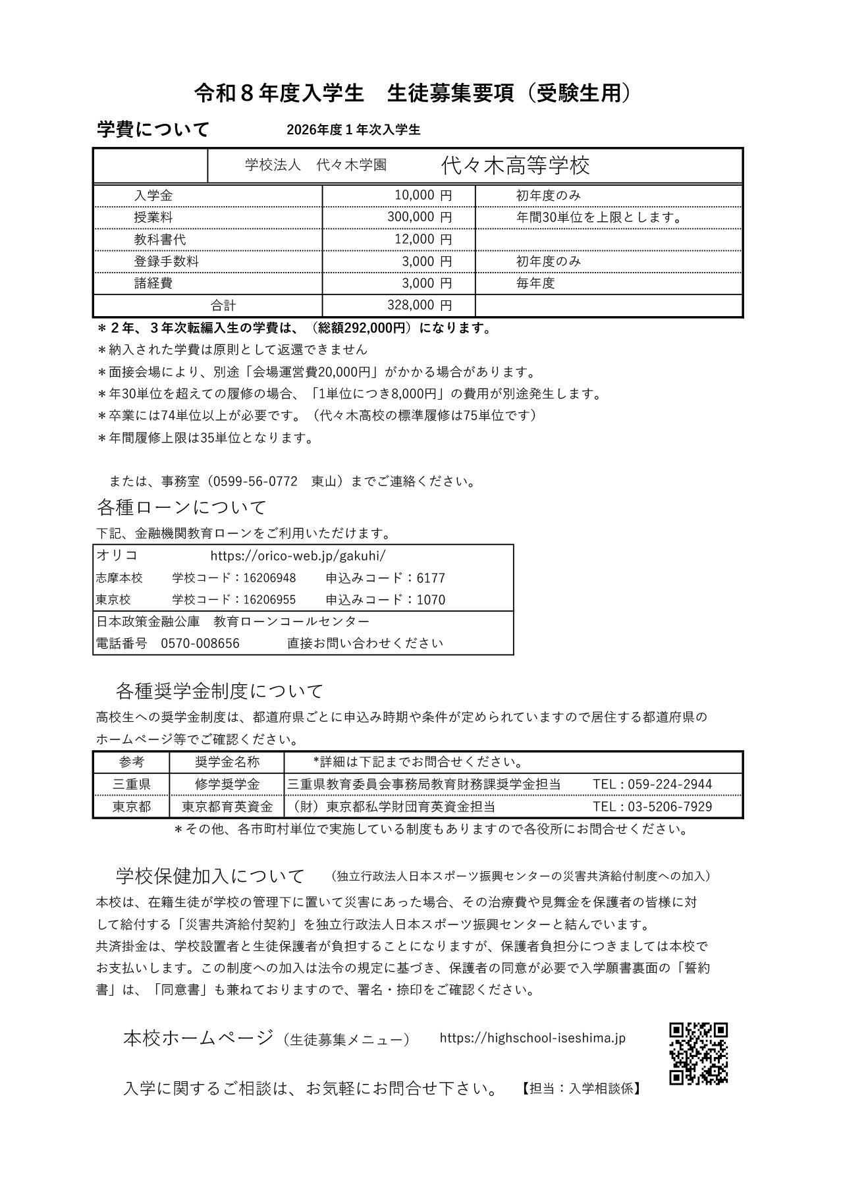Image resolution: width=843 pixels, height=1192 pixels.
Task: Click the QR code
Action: point(698,1054)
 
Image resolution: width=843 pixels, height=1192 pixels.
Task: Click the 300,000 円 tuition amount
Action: point(423,217)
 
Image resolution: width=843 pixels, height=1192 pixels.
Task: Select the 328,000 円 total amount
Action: point(423,306)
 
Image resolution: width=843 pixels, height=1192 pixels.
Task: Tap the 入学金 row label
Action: point(153,196)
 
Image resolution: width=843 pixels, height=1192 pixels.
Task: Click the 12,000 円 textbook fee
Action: point(423,240)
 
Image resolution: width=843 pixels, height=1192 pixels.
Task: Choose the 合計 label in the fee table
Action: point(223,306)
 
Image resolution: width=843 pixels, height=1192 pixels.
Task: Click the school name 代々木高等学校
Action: point(515,165)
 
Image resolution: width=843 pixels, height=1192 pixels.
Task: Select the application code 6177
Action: point(431,578)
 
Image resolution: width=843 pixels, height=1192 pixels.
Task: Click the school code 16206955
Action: point(269,600)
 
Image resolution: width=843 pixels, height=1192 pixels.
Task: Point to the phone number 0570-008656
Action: point(200,643)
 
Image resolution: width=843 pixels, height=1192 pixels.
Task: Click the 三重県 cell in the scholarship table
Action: point(132,784)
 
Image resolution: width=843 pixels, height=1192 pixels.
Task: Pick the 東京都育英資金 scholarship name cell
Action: point(227,806)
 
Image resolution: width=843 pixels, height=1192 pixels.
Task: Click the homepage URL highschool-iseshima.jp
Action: point(532,1038)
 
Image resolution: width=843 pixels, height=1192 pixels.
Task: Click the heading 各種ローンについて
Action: point(182,508)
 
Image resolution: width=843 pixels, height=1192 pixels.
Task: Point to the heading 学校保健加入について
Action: point(210,877)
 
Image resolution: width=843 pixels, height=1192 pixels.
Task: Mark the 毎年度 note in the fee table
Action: point(535,284)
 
